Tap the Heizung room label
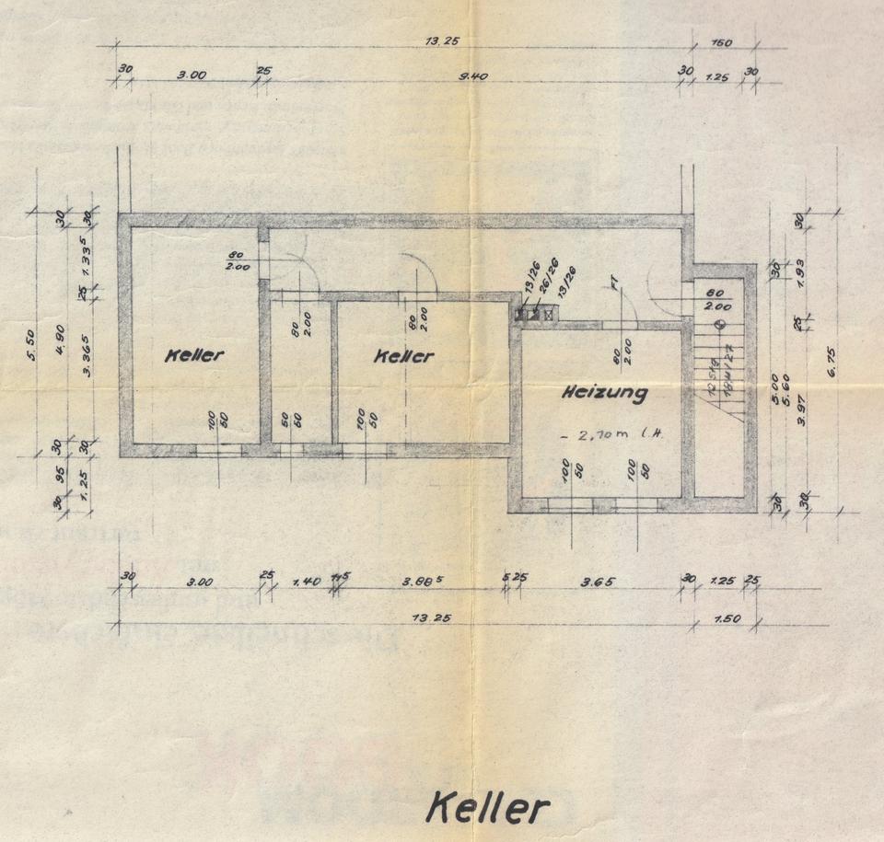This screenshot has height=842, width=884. point(605,393)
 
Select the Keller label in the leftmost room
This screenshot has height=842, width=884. point(194,355)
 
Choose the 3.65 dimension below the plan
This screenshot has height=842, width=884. point(598,581)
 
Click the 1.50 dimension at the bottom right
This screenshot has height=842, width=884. point(727,619)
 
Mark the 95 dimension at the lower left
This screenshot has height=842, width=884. point(61,476)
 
